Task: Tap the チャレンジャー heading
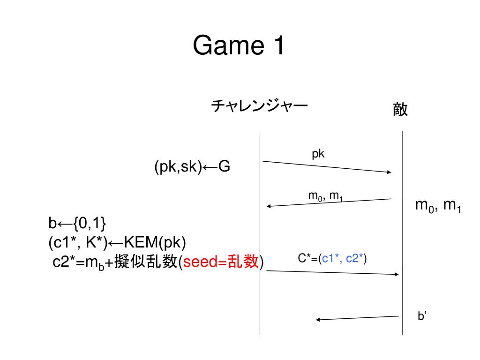259,106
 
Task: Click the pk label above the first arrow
318,154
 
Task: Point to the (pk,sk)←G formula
192,167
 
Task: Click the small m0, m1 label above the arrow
325,196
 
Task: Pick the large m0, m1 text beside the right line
439,206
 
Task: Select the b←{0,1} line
77,224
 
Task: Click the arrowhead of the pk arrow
389,172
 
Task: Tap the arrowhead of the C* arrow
396,274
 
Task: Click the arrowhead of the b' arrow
318,320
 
